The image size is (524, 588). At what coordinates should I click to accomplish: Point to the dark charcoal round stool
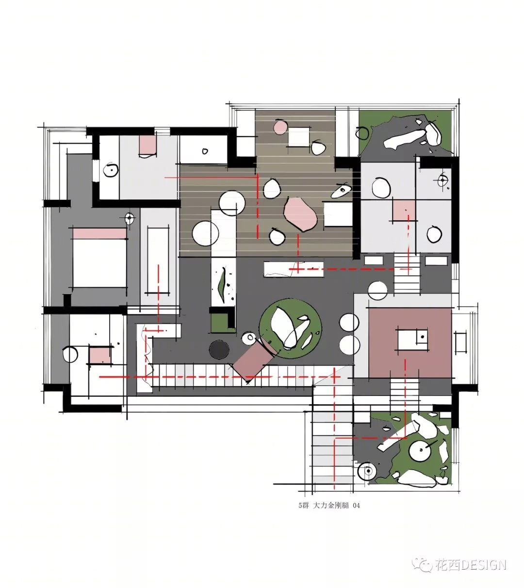coord(219,349)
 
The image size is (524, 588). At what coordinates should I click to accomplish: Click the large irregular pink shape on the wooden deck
coord(300,214)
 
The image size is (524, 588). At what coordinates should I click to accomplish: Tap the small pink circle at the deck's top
coord(280,127)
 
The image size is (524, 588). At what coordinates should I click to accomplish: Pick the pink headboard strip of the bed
coord(99,233)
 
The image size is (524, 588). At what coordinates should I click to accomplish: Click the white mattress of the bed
coord(99,263)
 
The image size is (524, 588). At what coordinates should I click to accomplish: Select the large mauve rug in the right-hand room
coord(409,343)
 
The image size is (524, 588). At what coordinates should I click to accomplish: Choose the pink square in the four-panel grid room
coord(403,211)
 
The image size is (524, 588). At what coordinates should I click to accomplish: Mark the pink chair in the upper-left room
coord(147,146)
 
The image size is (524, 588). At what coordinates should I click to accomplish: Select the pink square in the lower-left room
coord(99,356)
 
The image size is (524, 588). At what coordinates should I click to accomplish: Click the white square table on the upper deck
coord(298,137)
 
